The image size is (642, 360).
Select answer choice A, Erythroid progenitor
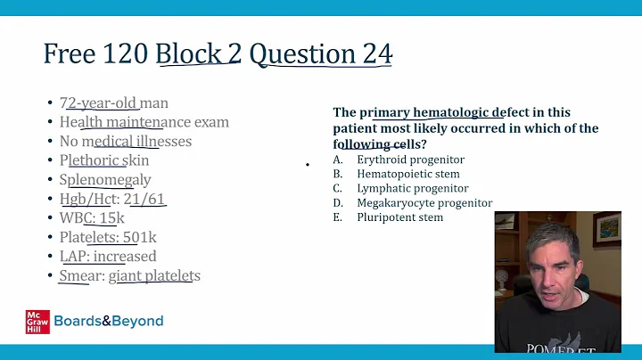pyautogui.click(x=410, y=160)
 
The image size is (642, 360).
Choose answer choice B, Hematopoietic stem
pyautogui.click(x=408, y=174)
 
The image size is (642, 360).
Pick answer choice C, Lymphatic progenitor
pyautogui.click(x=412, y=188)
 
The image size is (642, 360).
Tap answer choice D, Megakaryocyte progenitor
pyautogui.click(x=424, y=202)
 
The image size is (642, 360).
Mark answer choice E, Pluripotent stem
pyautogui.click(x=399, y=217)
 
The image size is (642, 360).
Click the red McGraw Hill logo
pyautogui.click(x=37, y=322)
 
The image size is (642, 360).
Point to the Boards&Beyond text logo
pyautogui.click(x=109, y=321)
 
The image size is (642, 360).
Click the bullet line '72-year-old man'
pyautogui.click(x=114, y=103)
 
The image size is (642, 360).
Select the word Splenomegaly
pyautogui.click(x=105, y=179)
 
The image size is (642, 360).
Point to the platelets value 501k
pyautogui.click(x=139, y=237)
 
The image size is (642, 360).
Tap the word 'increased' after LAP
pyautogui.click(x=124, y=257)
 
